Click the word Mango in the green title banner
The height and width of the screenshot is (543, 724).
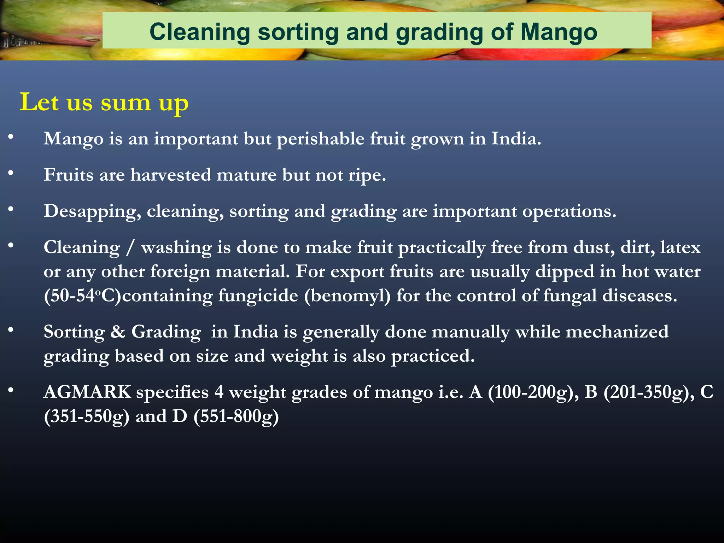point(559,33)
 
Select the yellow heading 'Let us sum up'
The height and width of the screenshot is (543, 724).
point(104,103)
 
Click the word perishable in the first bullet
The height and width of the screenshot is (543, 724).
point(320,139)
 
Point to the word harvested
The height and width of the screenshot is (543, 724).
point(171,175)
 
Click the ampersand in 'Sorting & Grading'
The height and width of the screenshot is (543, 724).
point(118,332)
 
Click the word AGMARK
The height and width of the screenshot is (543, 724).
point(87,392)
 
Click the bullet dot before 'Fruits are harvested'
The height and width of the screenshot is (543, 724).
point(11,173)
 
